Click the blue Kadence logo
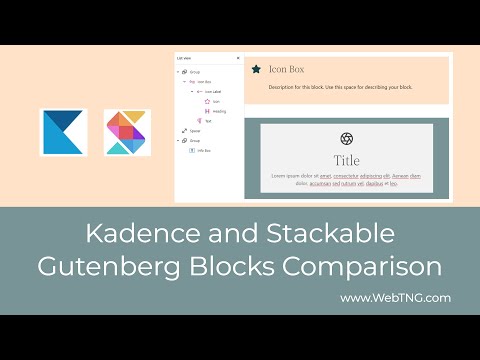coord(63,133)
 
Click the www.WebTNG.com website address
coord(395,297)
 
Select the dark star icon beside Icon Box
coord(257,69)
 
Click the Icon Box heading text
coord(286,69)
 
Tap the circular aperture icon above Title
coord(347,138)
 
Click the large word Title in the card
coord(347,160)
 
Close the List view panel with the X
coord(237,58)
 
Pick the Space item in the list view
coord(193,131)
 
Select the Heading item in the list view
coord(219,111)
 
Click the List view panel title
coord(183,58)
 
